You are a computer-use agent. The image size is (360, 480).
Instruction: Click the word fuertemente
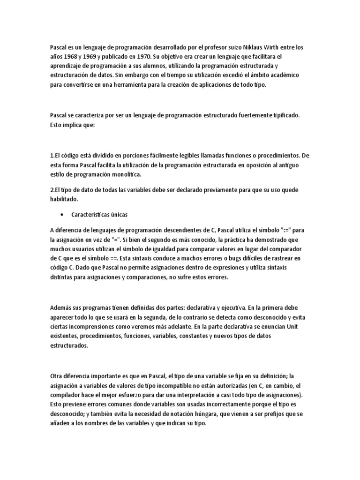(x=255, y=114)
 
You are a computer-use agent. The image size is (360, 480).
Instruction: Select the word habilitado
(x=65, y=199)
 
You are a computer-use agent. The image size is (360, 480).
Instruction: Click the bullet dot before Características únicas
(x=62, y=214)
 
